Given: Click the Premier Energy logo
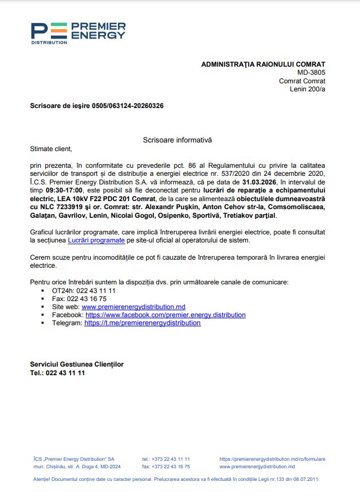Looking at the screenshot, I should [78, 33].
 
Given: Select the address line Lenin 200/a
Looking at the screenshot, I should [307, 89].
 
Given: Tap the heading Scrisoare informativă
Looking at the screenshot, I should [177, 140].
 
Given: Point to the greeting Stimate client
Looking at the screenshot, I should [52, 149].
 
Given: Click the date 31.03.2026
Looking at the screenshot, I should [261, 182].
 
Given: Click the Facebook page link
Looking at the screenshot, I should [165, 315].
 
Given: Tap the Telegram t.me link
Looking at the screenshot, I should [142, 323].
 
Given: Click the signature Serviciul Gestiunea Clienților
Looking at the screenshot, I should [77, 364].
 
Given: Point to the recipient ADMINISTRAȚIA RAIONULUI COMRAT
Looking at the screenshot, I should [263, 64].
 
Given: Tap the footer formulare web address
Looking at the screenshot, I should [272, 459].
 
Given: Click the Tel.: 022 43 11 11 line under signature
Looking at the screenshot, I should [57, 373].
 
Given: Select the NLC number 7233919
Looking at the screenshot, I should [72, 206].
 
